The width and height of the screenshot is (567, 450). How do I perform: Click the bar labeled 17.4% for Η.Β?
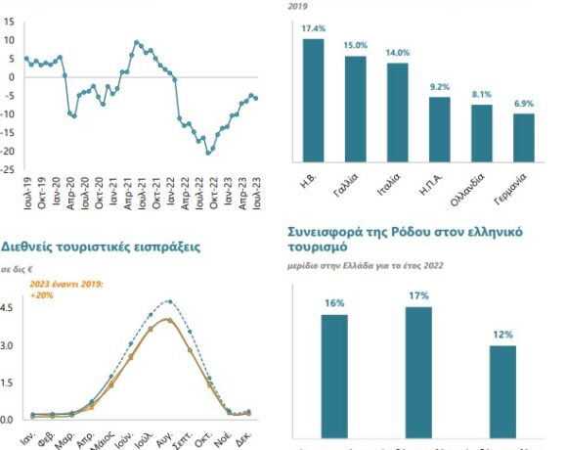(313, 98)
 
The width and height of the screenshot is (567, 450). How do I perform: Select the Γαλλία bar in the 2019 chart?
(356, 108)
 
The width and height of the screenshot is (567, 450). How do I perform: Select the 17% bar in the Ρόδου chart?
(418, 372)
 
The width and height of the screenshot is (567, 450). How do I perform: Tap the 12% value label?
(502, 335)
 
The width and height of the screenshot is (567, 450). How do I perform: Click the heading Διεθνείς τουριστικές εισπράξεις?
(101, 247)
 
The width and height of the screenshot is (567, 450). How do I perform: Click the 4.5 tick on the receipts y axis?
(8, 308)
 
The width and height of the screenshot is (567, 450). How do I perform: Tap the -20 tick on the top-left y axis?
(8, 152)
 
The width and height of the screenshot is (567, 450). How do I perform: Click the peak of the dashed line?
(169, 301)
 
